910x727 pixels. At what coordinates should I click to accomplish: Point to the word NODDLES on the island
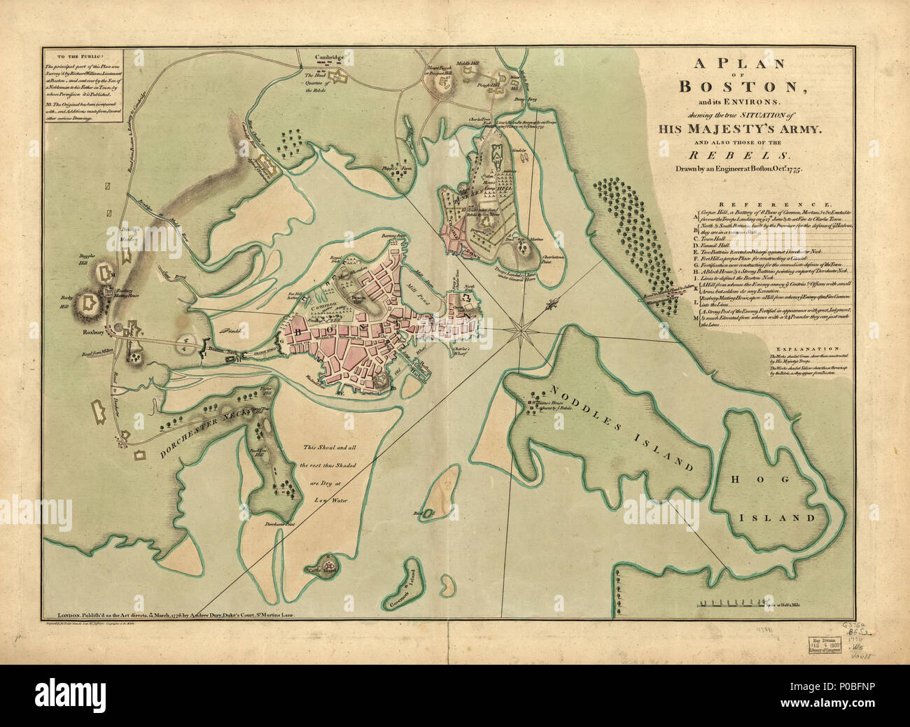575,398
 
